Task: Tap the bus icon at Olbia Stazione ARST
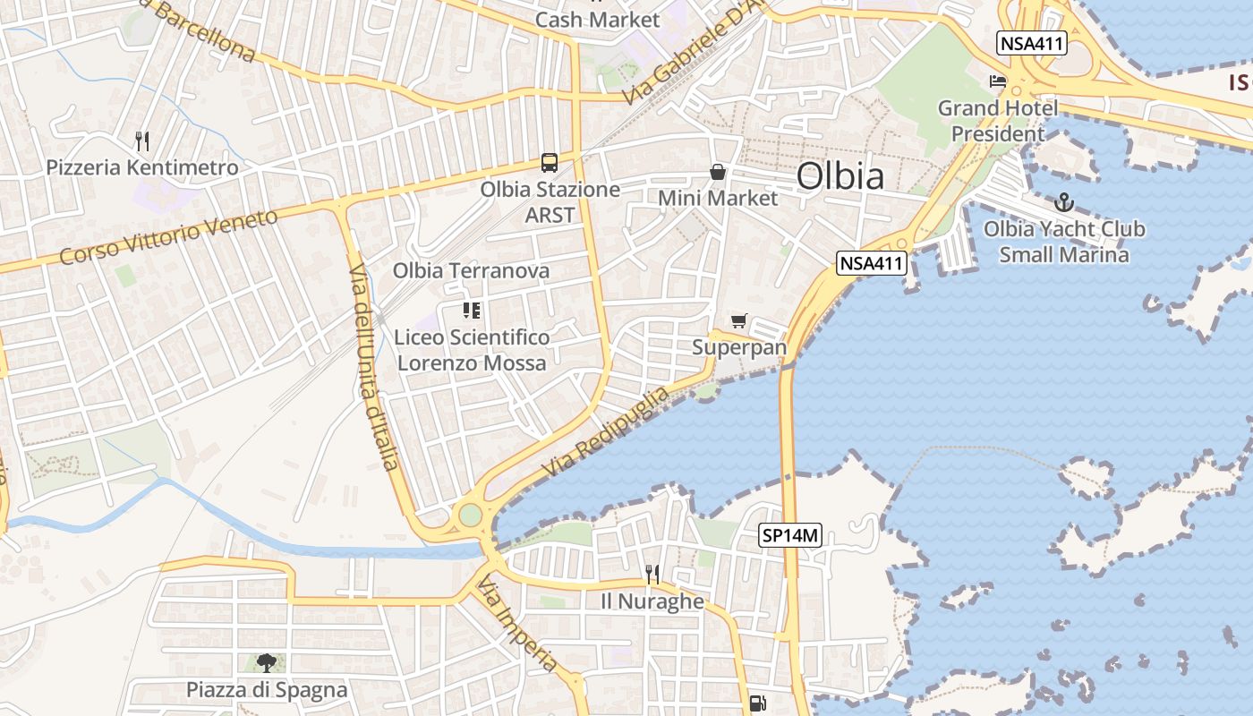[x=550, y=163]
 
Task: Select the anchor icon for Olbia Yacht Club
[x=1064, y=202]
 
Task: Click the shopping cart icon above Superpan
[x=738, y=321]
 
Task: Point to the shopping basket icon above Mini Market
[x=718, y=172]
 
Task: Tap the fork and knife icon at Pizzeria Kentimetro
[x=141, y=141]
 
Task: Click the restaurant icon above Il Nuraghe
[x=652, y=573]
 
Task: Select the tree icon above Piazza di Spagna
[x=266, y=662]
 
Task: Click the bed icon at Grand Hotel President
[x=997, y=81]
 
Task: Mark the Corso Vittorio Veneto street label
[x=168, y=237]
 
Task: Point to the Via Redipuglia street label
[x=605, y=432]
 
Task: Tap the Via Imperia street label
[x=517, y=626]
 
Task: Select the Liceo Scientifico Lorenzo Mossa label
[x=472, y=350]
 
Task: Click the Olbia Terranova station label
[x=471, y=270]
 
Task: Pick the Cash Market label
[x=597, y=19]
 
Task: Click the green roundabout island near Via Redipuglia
[x=469, y=516]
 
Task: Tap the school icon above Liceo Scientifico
[x=472, y=311]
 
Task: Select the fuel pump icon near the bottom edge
[x=757, y=703]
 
